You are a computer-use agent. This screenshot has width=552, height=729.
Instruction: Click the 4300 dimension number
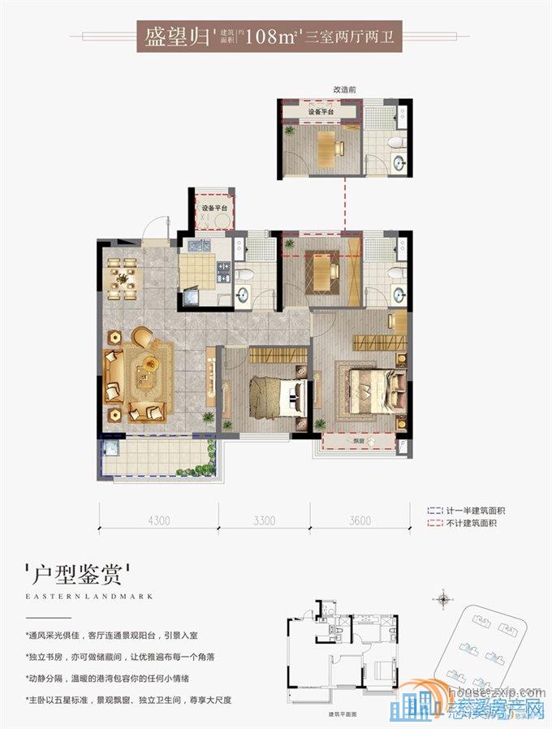pos(158,521)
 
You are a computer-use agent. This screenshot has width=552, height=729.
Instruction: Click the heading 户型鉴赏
pos(78,577)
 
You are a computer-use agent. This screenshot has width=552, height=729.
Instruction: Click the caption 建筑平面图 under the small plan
pos(343,714)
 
